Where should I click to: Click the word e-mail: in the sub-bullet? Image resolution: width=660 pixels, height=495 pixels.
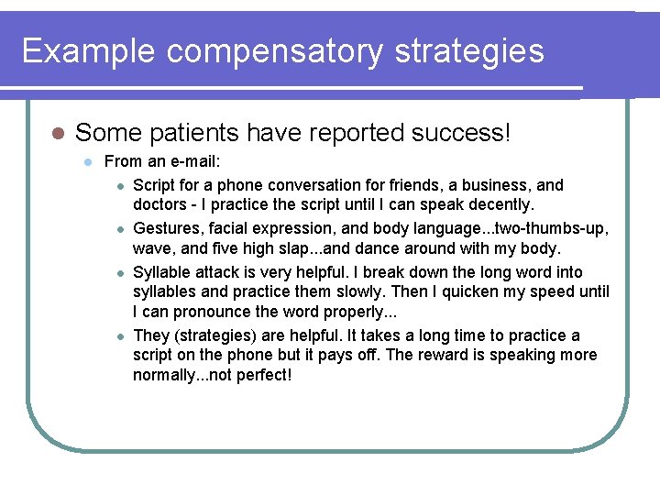point(192,162)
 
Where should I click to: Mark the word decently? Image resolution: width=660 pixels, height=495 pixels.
point(500,203)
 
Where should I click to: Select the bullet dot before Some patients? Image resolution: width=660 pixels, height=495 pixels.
point(57,134)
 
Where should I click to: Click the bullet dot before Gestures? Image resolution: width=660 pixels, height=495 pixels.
point(120,228)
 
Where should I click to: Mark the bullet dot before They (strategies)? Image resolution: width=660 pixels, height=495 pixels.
point(120,336)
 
